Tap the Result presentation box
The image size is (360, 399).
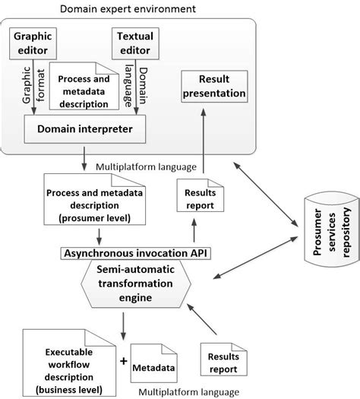(x=213, y=87)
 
